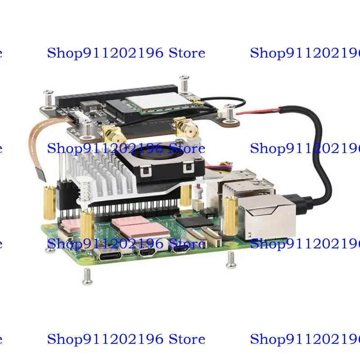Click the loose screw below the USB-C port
[x=87, y=276]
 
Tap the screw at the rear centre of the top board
[x=183, y=84]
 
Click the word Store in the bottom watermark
[x=187, y=339]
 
